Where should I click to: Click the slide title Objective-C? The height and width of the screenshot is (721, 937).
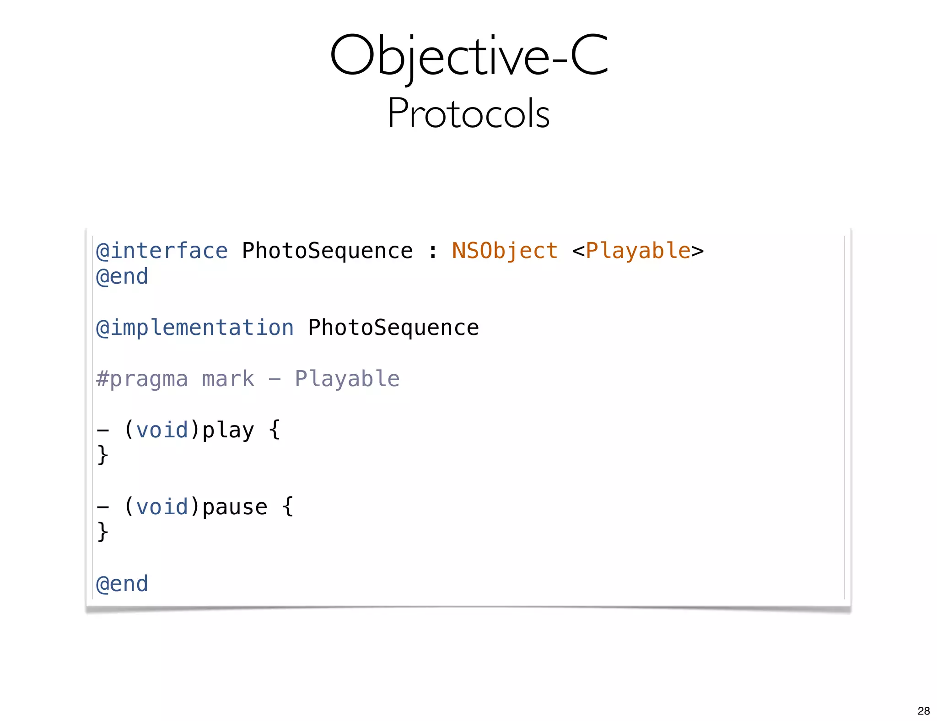point(468,56)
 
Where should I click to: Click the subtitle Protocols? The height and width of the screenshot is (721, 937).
point(468,113)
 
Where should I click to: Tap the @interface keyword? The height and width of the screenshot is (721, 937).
point(162,251)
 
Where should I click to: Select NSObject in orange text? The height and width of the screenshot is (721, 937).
point(505,251)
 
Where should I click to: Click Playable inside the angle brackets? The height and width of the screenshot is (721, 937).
point(638,251)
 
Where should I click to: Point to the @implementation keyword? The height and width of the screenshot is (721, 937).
point(194,328)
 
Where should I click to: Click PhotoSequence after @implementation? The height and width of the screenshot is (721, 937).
point(393,328)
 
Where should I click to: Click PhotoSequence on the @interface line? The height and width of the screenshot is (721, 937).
point(327,251)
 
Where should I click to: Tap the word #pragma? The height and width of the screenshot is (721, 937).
point(142,379)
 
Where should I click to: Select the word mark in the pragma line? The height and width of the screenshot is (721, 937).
point(228,379)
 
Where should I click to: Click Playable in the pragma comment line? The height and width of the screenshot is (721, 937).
point(347,379)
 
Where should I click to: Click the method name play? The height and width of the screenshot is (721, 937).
point(228,430)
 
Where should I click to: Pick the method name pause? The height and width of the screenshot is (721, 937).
point(235,507)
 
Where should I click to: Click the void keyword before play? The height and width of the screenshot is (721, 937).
point(162,430)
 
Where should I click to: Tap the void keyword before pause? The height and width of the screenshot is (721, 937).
point(162,507)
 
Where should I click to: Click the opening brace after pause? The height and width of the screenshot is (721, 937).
point(288,506)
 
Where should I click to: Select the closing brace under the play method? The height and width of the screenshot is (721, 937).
point(103,455)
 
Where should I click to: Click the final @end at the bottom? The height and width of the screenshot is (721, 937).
point(122,584)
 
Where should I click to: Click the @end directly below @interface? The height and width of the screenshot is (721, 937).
point(122,277)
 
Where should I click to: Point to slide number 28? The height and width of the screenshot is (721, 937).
point(923,710)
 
